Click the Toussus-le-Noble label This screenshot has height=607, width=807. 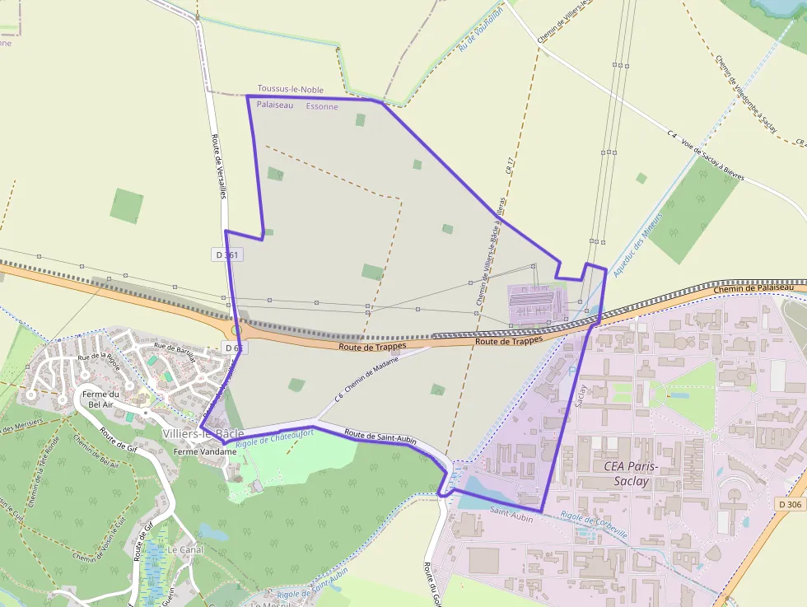[x=290, y=89]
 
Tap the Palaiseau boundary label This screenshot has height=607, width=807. [x=274, y=105]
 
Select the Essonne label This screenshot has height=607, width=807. [x=321, y=106]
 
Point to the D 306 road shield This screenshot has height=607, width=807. [x=789, y=504]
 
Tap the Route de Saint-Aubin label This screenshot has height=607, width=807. [x=380, y=437]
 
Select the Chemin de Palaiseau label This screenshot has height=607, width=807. [x=758, y=287]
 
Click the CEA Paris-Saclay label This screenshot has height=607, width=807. [x=637, y=473]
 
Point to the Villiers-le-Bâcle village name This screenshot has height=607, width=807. [x=203, y=433]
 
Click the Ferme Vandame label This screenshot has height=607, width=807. [x=199, y=451]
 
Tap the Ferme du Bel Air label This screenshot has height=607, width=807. [x=104, y=399]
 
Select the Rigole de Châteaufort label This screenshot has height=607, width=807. [x=263, y=438]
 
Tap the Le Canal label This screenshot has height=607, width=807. [x=185, y=549]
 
